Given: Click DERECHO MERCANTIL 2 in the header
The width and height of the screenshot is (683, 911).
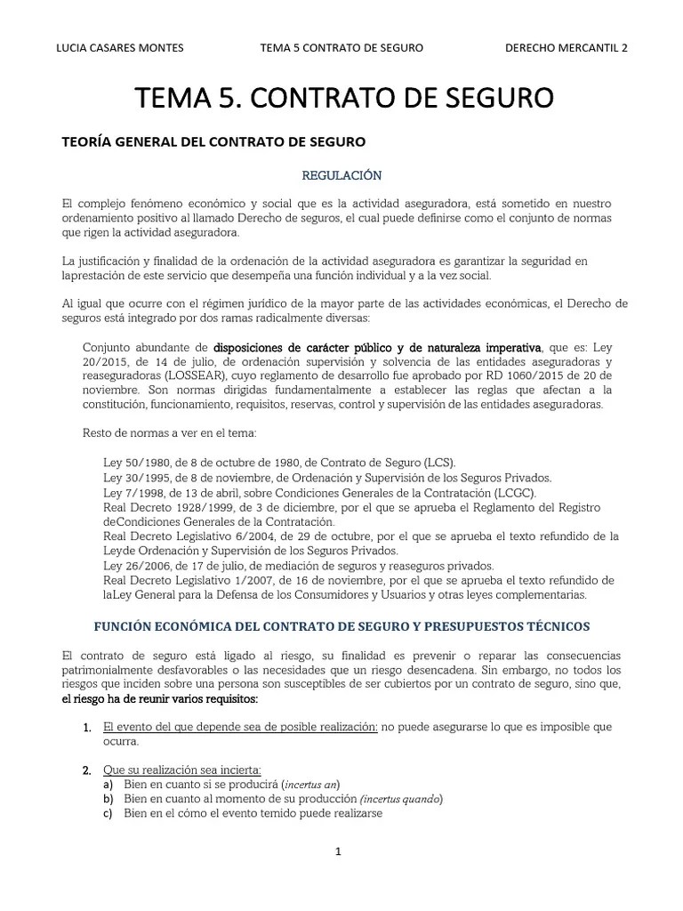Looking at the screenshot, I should click(x=566, y=48).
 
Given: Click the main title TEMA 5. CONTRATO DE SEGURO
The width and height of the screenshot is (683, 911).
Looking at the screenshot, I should click(x=343, y=97).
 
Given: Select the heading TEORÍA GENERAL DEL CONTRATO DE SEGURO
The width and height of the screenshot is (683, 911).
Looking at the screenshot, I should click(x=212, y=141).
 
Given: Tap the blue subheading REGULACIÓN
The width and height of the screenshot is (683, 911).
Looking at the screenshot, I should click(x=342, y=175).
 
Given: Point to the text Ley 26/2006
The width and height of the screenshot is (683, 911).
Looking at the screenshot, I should click(x=136, y=565).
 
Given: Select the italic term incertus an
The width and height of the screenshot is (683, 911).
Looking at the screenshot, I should click(x=310, y=784).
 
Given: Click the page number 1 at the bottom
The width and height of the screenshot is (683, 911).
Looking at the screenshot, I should click(x=338, y=851).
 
